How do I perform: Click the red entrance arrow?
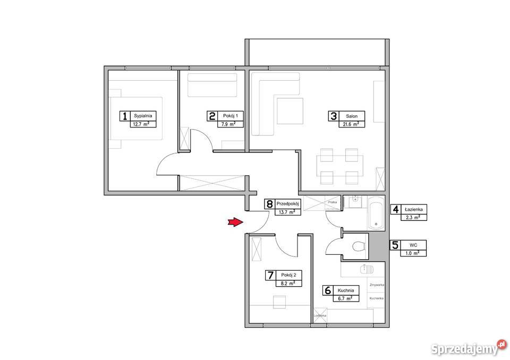coord(235,222)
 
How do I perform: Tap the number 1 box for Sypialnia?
coord(124,116)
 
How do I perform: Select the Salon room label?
coord(352,116)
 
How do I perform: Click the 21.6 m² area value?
coord(351,124)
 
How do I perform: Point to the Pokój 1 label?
coord(231,116)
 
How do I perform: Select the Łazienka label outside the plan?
coord(413,209)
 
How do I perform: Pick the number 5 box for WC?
coord(395,245)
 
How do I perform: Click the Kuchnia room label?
coord(346,290)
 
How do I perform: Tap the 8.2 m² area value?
coord(288,283)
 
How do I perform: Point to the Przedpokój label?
coord(287,204)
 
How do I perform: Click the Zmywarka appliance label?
coord(377,285)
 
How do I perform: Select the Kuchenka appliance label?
coord(377,298)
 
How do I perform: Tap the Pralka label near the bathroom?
coord(333,202)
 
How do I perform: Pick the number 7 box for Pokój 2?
coord(270,276)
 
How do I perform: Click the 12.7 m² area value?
coord(141,124)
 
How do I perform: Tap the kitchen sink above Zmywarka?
coord(367,269)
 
